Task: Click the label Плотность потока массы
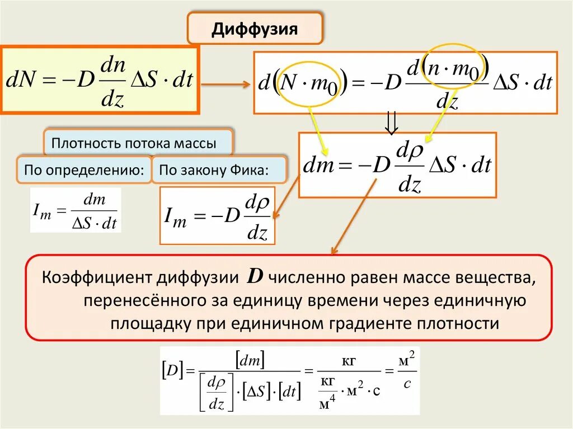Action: point(134,143)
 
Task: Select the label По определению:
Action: point(84,169)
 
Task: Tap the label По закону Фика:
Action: point(214,169)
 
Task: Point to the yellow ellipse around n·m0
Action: point(455,67)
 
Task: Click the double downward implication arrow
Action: point(392,122)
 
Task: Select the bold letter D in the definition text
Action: point(255,277)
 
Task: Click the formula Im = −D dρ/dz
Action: point(217,216)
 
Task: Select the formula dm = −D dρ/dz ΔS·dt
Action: point(397,166)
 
